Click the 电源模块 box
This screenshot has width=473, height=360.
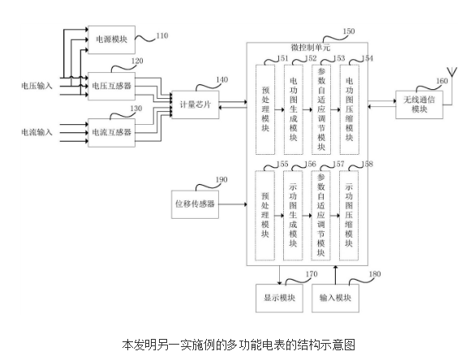[x=111, y=38]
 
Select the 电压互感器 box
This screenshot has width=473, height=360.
[x=111, y=84]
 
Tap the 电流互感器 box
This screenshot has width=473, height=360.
[x=111, y=131]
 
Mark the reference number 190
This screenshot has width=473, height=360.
[x=221, y=180]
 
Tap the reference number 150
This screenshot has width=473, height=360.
[x=349, y=32]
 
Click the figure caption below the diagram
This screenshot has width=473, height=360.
[x=238, y=344]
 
